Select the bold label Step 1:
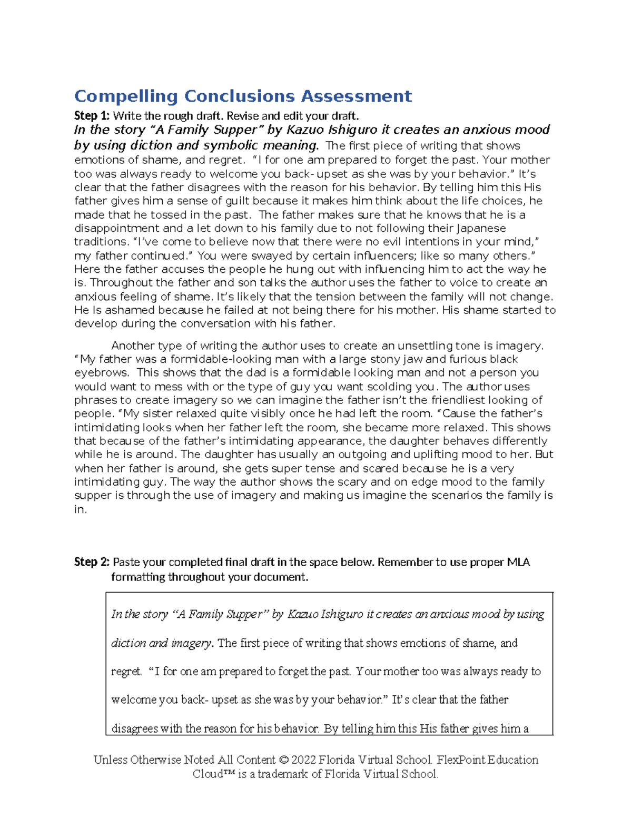point(92,116)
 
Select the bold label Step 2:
point(92,562)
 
